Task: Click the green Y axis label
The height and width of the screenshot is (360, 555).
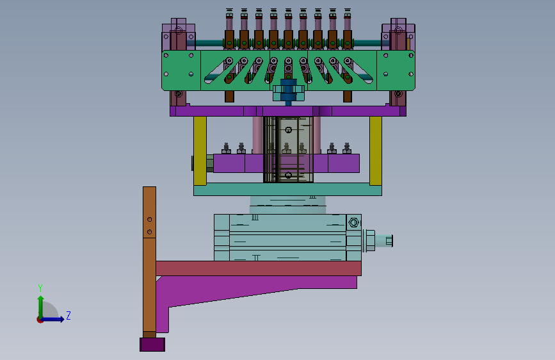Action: [x=40, y=288]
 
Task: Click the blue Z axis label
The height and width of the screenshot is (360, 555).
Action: [x=68, y=315]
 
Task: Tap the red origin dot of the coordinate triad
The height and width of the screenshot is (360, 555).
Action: [x=40, y=320]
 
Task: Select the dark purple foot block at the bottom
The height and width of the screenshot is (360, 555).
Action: [x=152, y=345]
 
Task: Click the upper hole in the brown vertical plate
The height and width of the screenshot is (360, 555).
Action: [x=149, y=219]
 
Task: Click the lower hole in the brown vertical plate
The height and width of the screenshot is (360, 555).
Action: [x=149, y=232]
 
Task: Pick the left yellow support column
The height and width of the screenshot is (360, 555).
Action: [x=200, y=151]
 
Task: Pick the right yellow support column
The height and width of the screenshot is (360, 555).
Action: [x=376, y=151]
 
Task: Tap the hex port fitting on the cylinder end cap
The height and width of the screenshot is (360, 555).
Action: [x=353, y=222]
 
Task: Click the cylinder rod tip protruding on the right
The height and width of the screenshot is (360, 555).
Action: [x=389, y=241]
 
